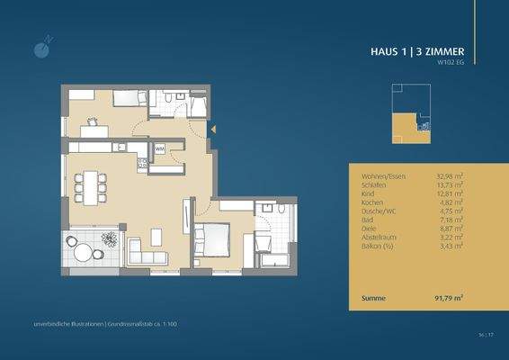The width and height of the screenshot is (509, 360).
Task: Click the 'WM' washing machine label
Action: [x=159, y=148]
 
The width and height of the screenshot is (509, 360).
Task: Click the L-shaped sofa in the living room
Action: [x=145, y=252]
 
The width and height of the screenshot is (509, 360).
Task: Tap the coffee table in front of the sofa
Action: [x=156, y=237]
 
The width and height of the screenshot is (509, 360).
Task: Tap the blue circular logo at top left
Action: [x=36, y=46]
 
